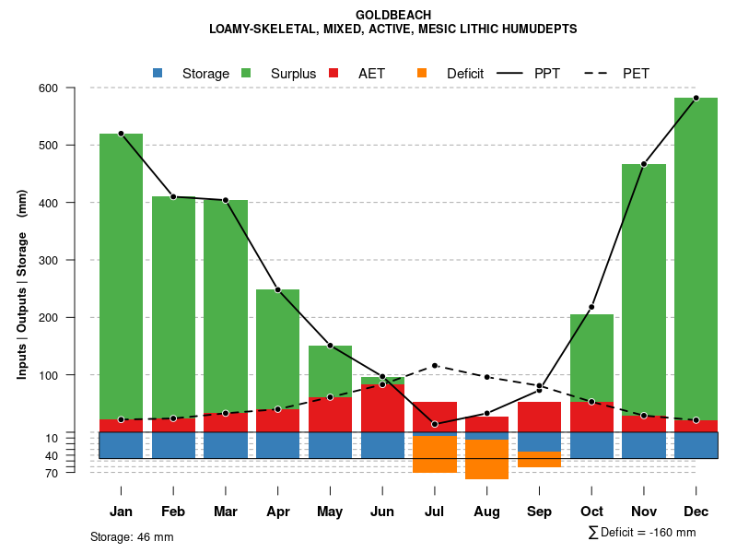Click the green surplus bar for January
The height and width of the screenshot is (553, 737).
tap(121, 276)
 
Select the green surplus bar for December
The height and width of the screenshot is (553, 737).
tap(696, 258)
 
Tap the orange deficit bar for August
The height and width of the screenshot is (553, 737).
tap(486, 459)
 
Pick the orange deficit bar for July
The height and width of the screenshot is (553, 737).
tap(435, 454)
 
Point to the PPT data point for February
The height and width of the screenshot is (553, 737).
tap(173, 196)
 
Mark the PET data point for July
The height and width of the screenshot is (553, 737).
tap(435, 366)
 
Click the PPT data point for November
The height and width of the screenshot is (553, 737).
tap(644, 164)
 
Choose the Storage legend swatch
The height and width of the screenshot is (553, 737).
tap(158, 73)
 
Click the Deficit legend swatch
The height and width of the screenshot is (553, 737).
tap(422, 73)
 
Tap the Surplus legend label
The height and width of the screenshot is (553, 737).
tap(293, 74)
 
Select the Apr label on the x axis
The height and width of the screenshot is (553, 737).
tap(277, 512)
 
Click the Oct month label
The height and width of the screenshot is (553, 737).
tap(591, 512)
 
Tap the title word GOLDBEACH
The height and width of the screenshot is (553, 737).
tap(393, 15)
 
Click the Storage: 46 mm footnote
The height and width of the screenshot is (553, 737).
tap(132, 536)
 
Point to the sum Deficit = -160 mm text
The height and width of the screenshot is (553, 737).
tap(642, 533)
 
